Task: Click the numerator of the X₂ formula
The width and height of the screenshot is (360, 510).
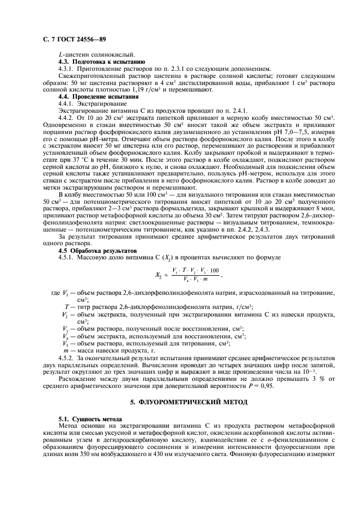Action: pyautogui.click(x=195, y=270)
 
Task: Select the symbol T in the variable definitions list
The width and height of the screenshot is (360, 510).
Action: pyautogui.click(x=66, y=307)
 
